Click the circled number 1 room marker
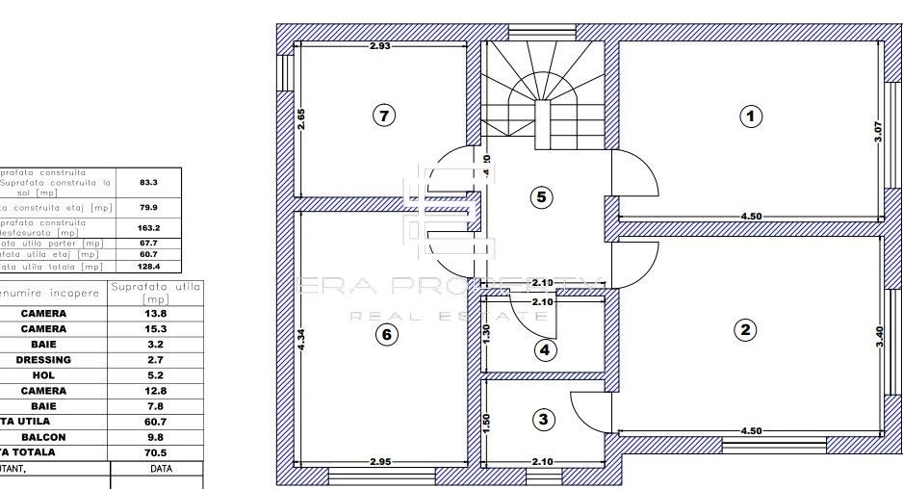coord(750,116)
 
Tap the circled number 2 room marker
coord(744,330)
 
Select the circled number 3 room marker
coord(544,419)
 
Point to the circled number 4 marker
coord(545,349)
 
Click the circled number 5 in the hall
coord(541,196)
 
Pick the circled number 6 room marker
coord(385,334)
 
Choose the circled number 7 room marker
coord(383,116)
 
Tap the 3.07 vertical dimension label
coord(877,132)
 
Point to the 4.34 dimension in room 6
coord(301,341)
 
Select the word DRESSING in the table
coord(43,360)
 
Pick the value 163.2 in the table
coord(148,228)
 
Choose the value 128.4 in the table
coord(148,267)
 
